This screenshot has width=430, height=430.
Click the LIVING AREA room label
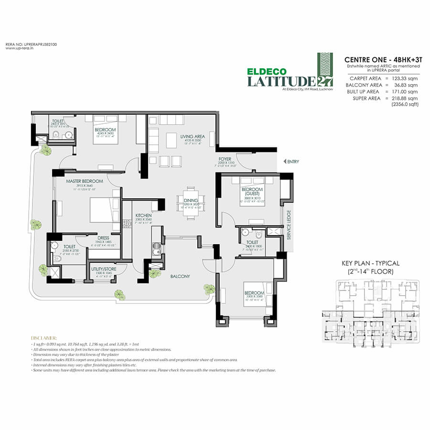193,136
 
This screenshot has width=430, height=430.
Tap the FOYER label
225,159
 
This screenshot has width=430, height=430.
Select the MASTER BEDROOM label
85,181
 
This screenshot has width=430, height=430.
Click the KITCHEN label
143,215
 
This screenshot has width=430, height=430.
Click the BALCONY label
180,276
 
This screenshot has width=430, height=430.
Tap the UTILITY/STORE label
104,269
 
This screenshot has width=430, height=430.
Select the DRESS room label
103,237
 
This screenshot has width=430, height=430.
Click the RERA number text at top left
24,44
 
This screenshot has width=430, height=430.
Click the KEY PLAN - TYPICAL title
370,263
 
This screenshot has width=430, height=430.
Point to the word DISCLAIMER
44,337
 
